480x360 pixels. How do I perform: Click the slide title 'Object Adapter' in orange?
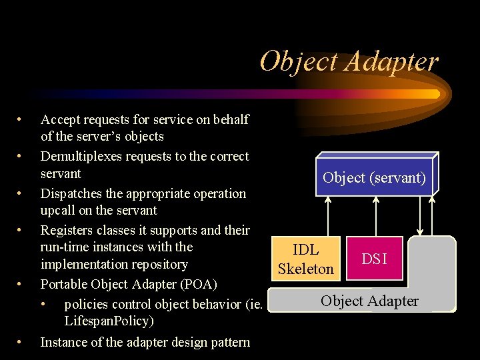(349, 61)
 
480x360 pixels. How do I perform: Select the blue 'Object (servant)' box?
(373, 178)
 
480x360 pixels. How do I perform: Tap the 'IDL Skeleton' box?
(305, 259)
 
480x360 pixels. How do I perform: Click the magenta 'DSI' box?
(374, 259)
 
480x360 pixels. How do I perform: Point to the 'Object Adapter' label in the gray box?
(369, 301)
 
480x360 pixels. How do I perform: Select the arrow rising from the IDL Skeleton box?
(327, 216)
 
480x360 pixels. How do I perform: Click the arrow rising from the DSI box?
(377, 216)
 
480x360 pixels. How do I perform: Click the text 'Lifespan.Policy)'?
(109, 321)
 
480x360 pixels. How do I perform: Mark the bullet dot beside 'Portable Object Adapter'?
(20, 284)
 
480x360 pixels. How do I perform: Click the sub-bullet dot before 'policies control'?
(44, 305)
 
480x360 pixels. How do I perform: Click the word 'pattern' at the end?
(229, 343)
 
